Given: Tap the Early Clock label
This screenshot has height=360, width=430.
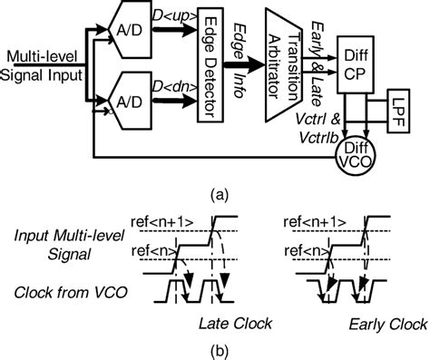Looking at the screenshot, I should (x=376, y=323).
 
